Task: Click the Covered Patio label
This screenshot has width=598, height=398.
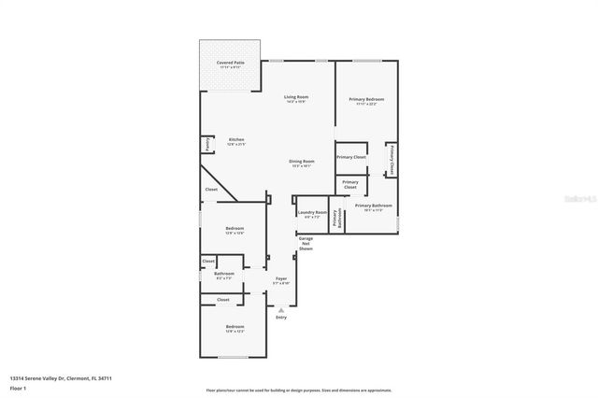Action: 231,63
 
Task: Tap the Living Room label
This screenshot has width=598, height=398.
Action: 296,97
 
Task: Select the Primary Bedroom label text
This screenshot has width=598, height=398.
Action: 366,99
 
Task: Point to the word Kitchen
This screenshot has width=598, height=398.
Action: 235,140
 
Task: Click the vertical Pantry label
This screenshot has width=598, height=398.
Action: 206,146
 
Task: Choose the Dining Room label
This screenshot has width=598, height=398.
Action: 301,162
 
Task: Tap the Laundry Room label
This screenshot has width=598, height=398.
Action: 312,212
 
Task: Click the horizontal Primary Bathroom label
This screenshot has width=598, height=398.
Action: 373,206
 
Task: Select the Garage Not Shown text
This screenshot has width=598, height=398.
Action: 306,244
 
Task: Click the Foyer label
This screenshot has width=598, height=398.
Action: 280,278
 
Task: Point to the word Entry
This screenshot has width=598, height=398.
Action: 280,318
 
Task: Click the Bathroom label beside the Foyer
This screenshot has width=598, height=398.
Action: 224,274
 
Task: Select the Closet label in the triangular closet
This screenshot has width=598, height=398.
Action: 211,190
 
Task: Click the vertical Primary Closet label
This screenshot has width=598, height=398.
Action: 392,160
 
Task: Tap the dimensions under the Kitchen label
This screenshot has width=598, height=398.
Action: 235,145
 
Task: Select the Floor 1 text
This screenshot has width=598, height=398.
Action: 18,387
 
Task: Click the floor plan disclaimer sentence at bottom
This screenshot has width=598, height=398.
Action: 299,390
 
